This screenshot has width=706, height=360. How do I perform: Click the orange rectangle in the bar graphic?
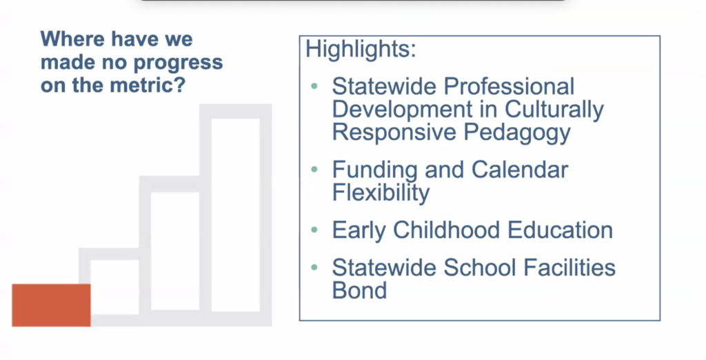(51, 305)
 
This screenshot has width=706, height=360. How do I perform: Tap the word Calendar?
(520, 170)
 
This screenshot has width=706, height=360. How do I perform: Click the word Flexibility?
(381, 193)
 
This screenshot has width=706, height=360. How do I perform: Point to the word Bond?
(359, 290)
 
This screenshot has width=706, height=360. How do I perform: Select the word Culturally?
(554, 110)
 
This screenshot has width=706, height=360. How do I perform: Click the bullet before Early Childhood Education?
(314, 230)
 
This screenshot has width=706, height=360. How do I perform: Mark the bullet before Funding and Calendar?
(314, 170)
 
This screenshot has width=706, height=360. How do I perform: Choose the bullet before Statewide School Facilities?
(314, 268)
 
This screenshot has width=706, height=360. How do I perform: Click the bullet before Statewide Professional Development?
(314, 86)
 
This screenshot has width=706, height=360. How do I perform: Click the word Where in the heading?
(71, 39)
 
